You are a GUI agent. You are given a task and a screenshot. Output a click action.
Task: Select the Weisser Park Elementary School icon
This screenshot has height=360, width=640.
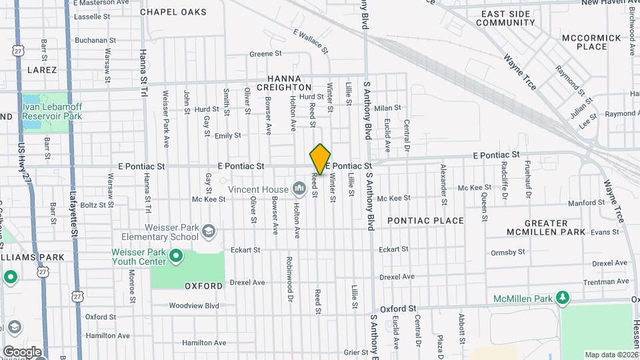coord(209,231)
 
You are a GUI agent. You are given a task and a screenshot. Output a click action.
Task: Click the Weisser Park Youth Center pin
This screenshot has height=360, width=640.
coord(176,255)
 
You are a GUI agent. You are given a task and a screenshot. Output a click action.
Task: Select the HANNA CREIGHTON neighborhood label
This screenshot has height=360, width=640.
coord(289,83)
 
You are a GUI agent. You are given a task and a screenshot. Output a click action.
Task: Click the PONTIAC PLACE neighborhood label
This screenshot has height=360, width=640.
coord(425,221)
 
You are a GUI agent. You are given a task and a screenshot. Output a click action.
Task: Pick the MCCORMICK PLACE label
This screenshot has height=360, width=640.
coord(584,42)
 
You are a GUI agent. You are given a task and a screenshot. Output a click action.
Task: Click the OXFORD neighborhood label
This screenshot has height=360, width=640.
coord(204,286)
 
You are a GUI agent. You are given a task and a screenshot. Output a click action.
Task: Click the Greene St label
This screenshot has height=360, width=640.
coord(265,54)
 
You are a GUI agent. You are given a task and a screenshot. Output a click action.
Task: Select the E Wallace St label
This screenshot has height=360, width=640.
coord(311,41)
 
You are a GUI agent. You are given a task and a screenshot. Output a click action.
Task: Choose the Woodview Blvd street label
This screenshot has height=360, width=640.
coord(194,306)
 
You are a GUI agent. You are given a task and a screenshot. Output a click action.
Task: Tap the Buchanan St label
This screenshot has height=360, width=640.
coord(95,40)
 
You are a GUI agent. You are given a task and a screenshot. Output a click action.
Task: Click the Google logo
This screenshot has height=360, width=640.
coord(22,352)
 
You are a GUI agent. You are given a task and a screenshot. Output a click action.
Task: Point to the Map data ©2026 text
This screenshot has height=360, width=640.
coord(611,355)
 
